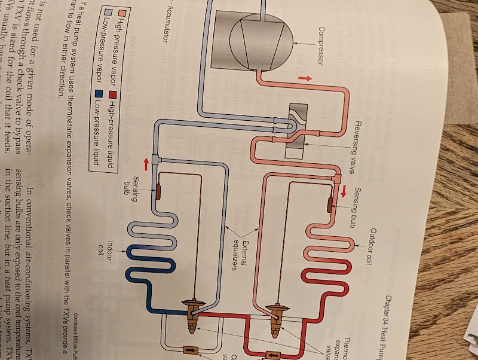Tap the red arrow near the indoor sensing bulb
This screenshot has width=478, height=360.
(145, 163)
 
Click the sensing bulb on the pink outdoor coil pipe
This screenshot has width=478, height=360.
(329, 203)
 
